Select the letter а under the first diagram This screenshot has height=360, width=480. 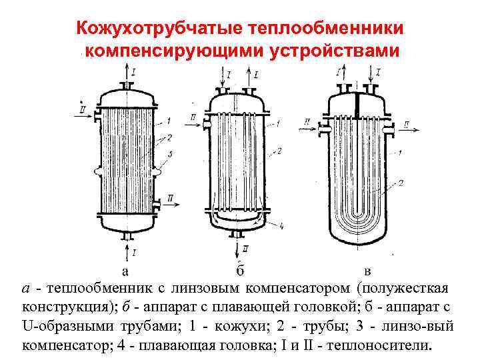tap(125, 271)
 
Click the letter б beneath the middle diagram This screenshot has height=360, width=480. tap(240, 270)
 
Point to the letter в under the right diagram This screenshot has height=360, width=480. tap(369, 271)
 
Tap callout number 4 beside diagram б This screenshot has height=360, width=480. tap(282, 226)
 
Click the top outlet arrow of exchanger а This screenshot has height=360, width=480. tap(127, 73)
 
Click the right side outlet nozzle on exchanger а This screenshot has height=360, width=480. tap(157, 203)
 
